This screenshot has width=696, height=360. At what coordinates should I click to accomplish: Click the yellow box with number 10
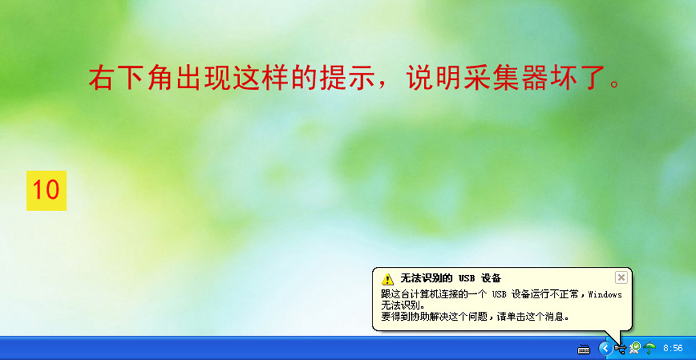pos(46,191)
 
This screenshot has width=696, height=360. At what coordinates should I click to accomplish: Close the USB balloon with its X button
pos(621,278)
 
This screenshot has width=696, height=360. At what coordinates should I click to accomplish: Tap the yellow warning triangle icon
pos(387,279)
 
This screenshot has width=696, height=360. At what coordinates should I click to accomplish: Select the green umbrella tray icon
pos(650,348)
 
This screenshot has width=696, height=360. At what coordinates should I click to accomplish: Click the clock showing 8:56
pos(673,348)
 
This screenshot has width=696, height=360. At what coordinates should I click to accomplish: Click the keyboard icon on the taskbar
pos(584,349)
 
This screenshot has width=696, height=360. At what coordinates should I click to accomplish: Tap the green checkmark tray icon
pos(636,348)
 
